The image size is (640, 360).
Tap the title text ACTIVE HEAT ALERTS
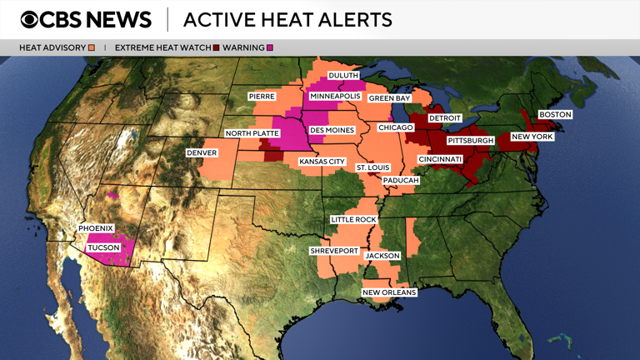[287, 19]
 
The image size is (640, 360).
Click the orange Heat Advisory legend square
[92, 47]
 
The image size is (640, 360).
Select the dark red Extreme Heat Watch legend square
[217, 47]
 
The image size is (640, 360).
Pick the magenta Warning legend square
[270, 47]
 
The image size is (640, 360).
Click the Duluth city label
[343, 76]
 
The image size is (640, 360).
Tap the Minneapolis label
[335, 97]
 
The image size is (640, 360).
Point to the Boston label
[555, 114]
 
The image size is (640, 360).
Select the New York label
[532, 137]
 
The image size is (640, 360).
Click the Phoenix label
[96, 228]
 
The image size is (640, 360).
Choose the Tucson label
[103, 247]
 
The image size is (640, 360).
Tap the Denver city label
[202, 153]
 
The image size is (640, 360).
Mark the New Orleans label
[389, 292]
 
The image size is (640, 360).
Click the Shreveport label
[334, 251]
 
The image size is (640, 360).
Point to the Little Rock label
[353, 220]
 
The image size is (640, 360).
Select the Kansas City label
[322, 162]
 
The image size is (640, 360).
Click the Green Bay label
[390, 98]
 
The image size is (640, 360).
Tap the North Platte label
[252, 133]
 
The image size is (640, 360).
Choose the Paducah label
[401, 181]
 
